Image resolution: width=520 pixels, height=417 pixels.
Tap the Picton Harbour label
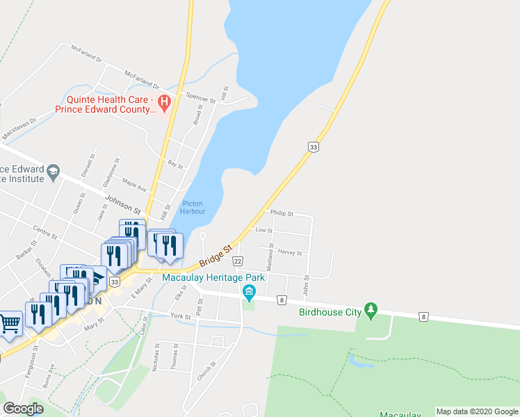pos(192,208)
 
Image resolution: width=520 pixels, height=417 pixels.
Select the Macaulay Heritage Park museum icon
pos(249,295)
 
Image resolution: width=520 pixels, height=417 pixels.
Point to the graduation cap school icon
pos(53,171)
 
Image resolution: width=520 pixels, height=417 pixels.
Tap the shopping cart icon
pos(10,323)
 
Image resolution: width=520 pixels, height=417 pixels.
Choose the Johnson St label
pos(123,204)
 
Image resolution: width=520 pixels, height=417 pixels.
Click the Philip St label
pos(282,213)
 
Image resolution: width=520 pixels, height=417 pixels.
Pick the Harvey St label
pos(290,253)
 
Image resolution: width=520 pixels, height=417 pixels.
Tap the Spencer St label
pos(193,95)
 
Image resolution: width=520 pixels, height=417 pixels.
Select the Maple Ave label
pos(134,187)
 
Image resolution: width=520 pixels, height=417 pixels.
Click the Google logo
pos(23,409)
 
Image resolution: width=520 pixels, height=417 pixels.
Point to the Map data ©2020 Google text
pos(477,411)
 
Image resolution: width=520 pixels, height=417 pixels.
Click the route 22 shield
pos(238,261)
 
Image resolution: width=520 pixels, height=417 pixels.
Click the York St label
pos(180,316)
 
